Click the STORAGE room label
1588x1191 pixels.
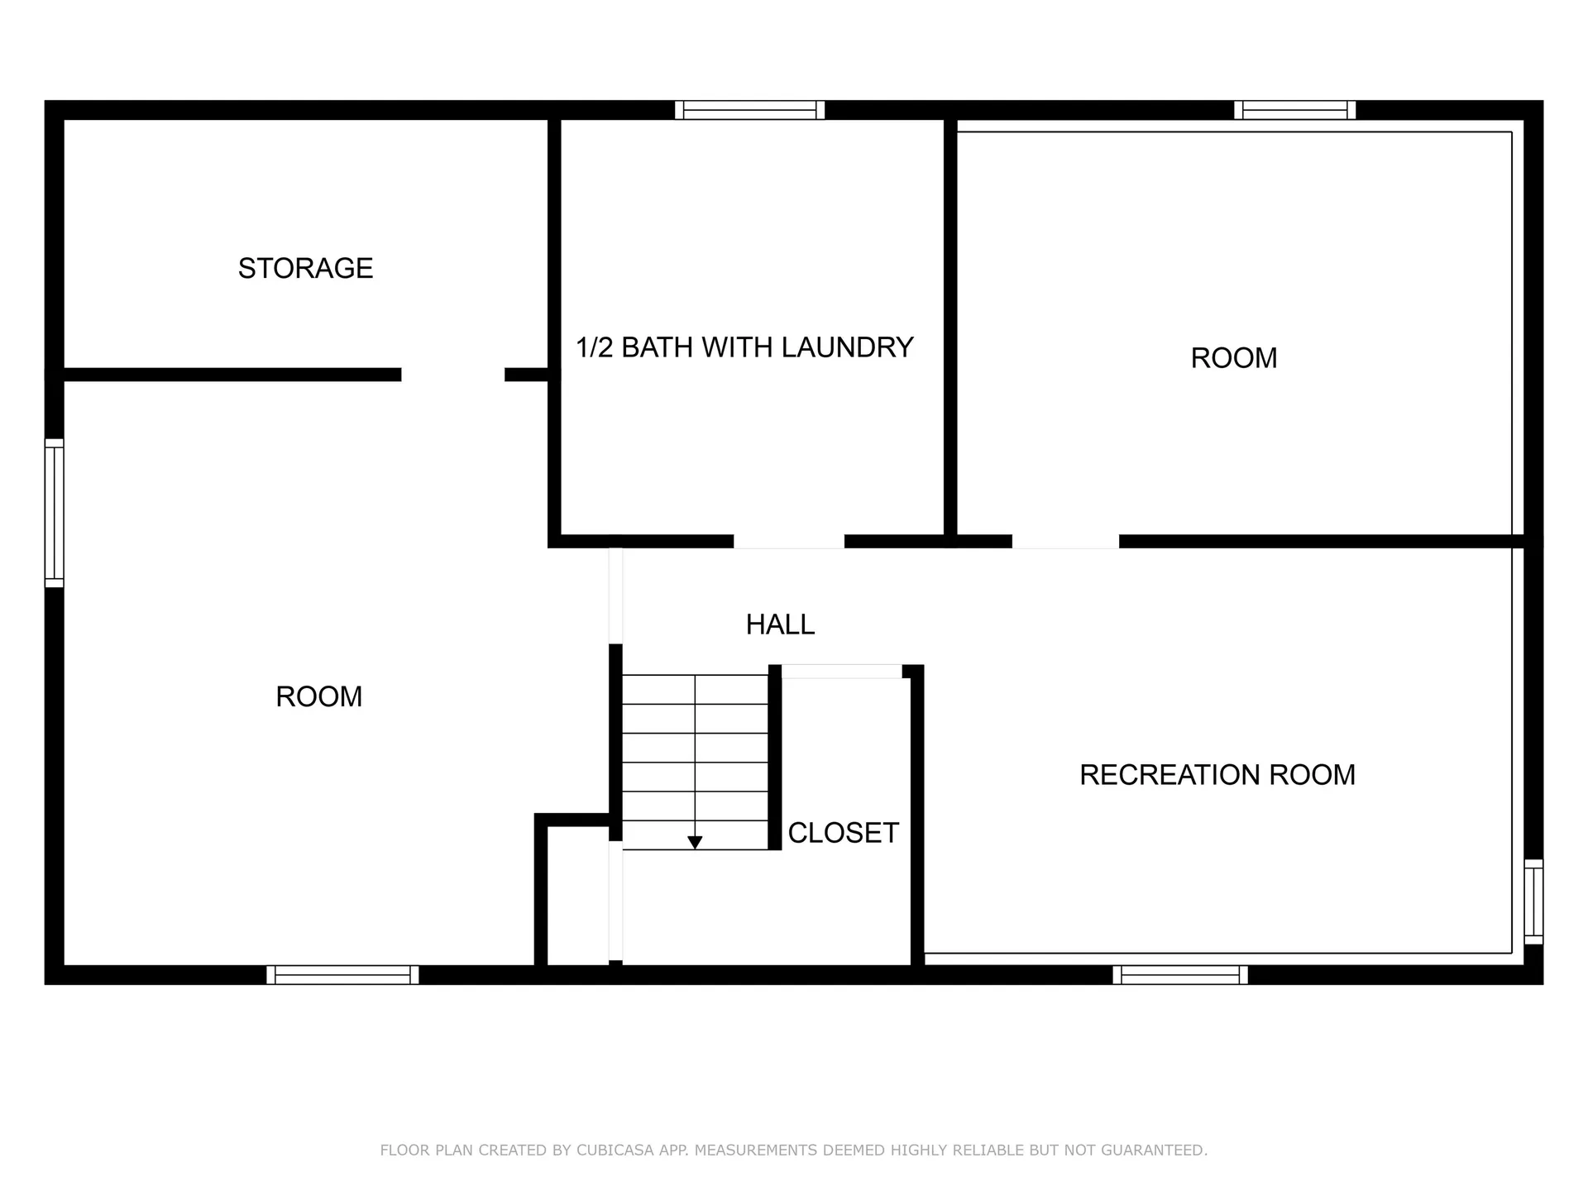[x=305, y=268]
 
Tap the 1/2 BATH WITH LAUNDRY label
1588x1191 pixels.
[x=744, y=347]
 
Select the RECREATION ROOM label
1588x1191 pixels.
[x=1217, y=775]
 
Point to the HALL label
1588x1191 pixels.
[x=780, y=624]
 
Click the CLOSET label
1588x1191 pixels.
[x=844, y=833]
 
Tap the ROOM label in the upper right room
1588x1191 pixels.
[x=1234, y=358]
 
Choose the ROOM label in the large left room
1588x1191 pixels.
[x=319, y=696]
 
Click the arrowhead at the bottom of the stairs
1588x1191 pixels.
[x=695, y=843]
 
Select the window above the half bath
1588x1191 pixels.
[x=750, y=110]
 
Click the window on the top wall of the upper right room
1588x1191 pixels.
[x=1295, y=110]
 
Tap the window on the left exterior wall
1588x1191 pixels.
[x=54, y=513]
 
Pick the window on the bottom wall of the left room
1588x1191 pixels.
[x=342, y=975]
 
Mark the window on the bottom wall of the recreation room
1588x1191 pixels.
[x=1180, y=975]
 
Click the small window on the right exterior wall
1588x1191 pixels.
[x=1533, y=902]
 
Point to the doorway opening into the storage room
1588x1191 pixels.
[x=453, y=375]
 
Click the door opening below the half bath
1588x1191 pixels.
[x=789, y=542]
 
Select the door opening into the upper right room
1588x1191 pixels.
[x=1065, y=542]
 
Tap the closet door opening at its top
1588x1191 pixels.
[x=842, y=672]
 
